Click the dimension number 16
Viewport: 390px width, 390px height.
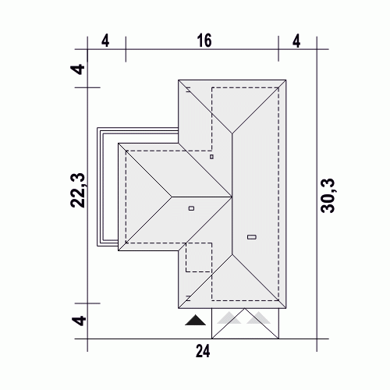[204, 41]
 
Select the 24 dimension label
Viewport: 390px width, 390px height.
[203, 351]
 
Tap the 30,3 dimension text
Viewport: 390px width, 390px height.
[328, 196]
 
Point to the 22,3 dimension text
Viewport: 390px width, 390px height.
[78, 190]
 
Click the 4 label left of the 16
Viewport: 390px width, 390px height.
[105, 41]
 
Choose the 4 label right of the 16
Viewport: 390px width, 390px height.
[296, 41]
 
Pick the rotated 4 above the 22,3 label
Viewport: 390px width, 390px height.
[78, 69]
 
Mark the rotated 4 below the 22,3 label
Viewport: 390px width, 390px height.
[79, 321]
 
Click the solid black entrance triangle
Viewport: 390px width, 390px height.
[195, 320]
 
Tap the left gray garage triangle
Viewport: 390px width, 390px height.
[229, 318]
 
